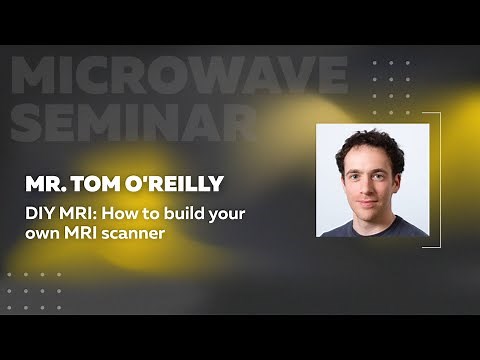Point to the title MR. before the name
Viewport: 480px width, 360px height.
47,185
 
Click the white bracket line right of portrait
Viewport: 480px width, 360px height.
440,180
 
